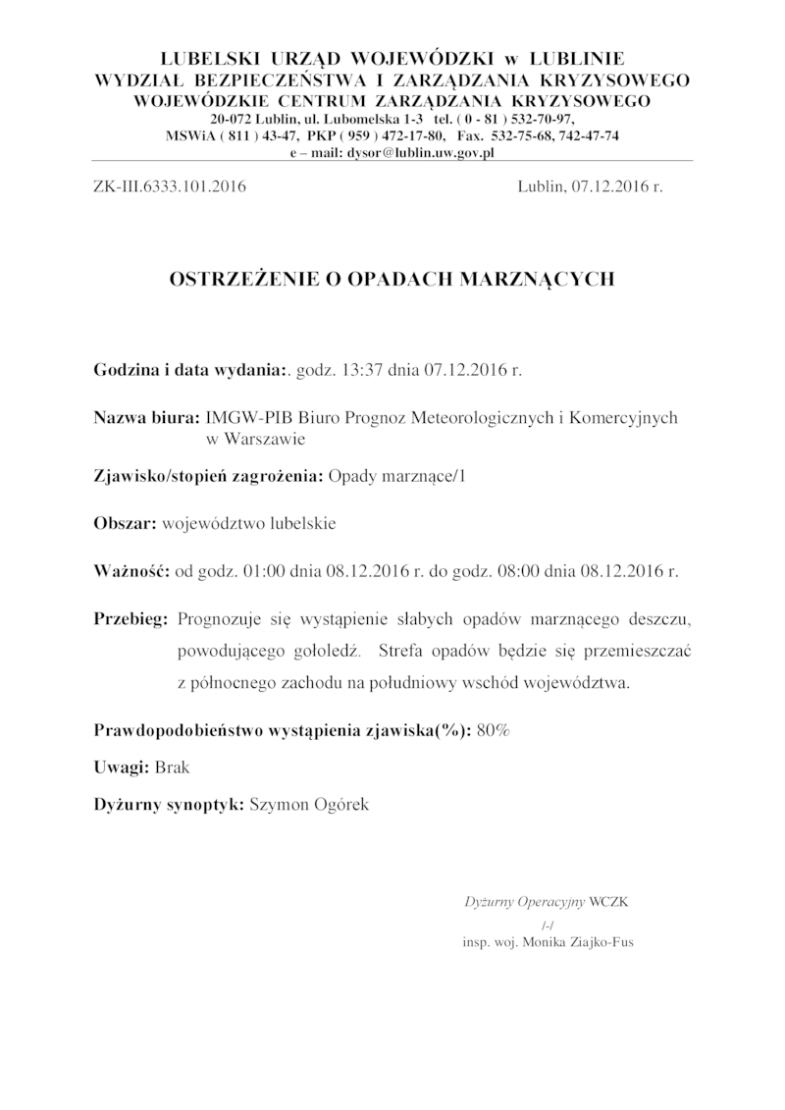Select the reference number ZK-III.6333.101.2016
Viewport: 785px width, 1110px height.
170,185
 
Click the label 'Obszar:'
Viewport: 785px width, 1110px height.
125,523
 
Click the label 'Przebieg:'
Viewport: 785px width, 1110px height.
131,619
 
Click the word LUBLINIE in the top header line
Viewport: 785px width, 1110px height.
579,56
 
